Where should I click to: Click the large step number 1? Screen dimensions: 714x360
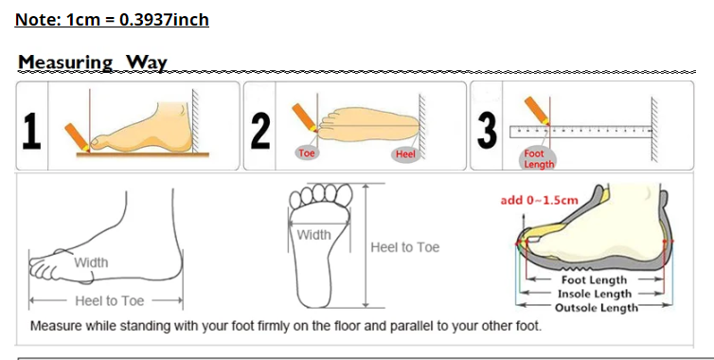point(32,132)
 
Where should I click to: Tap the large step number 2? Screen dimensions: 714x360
point(260,132)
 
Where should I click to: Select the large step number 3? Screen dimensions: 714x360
point(487,131)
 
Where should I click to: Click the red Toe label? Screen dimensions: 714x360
point(307,153)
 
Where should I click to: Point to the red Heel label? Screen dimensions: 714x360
point(404,154)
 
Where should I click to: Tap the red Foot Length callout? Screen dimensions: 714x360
point(539,159)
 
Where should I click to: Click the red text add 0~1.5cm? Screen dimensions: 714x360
point(539,200)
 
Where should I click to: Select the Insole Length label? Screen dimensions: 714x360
point(595,294)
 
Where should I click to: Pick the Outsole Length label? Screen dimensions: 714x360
point(597,308)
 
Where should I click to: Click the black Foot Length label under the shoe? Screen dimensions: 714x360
point(594,279)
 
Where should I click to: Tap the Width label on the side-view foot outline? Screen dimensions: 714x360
point(91,262)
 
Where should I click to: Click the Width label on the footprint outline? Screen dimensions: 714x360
point(313,235)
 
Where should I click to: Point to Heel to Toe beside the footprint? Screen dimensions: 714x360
point(404,247)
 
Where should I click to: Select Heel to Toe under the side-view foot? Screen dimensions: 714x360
point(109,300)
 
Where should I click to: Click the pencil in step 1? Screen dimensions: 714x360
point(77,136)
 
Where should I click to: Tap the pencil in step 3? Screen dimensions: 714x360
point(537,111)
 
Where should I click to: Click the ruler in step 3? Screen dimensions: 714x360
point(581,132)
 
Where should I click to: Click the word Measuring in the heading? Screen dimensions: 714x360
point(65,63)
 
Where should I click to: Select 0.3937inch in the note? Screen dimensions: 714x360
point(164,20)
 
